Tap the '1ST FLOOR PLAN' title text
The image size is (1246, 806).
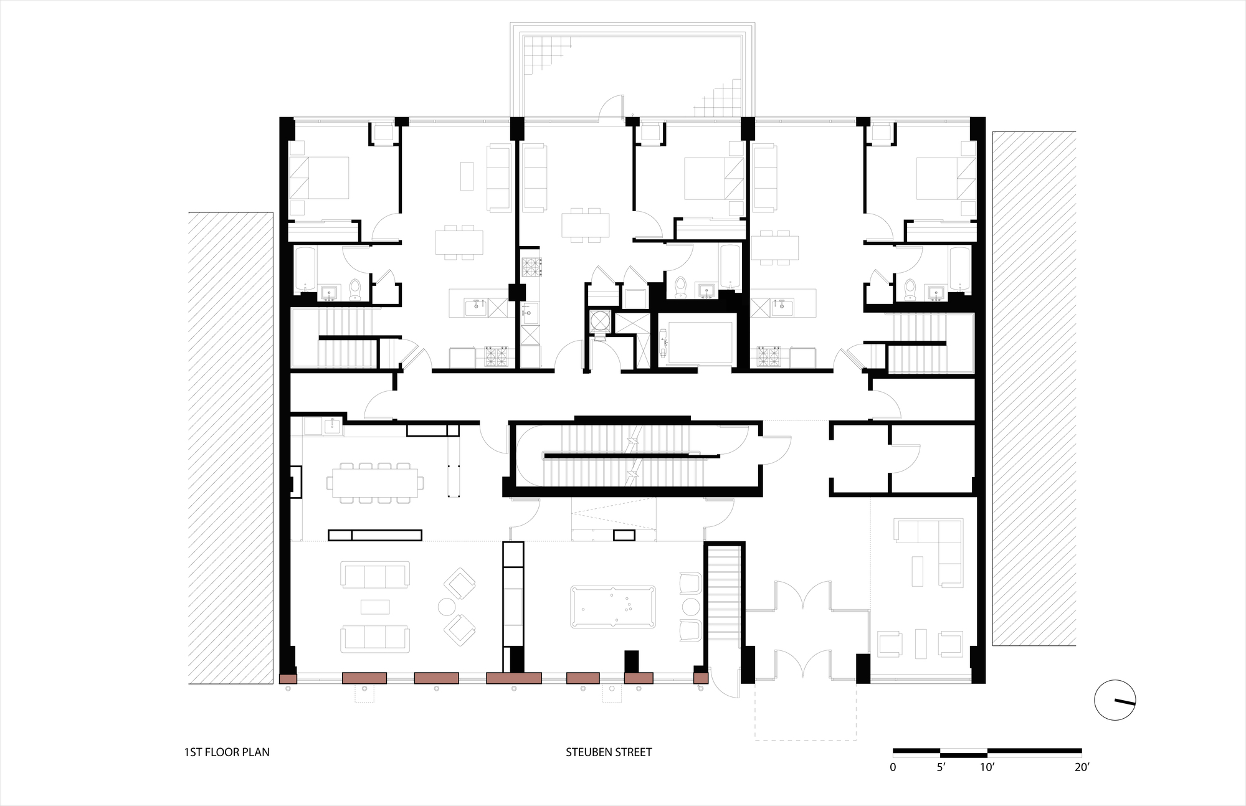click(227, 752)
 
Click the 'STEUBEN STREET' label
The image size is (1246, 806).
click(609, 752)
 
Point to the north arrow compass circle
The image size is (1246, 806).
click(1115, 700)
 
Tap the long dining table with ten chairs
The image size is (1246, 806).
click(376, 482)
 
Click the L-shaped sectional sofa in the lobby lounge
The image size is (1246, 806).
click(929, 552)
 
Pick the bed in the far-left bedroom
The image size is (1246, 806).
click(319, 178)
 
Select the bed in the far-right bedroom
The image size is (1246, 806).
click(946, 178)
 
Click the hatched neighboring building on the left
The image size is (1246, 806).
click(231, 448)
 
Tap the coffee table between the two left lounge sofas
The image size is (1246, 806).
click(375, 607)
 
